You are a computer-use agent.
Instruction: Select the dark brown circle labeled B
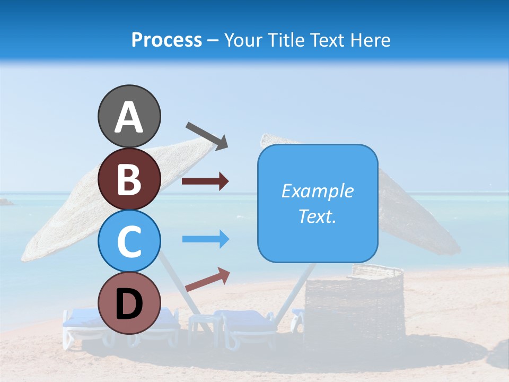click(129, 179)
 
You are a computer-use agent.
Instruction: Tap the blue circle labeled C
click(129, 241)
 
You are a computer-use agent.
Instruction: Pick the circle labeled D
click(129, 303)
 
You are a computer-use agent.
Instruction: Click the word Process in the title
click(166, 40)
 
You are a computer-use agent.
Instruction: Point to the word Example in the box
click(318, 191)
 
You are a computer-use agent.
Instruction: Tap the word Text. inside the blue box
click(318, 216)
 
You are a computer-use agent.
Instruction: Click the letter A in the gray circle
click(129, 117)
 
